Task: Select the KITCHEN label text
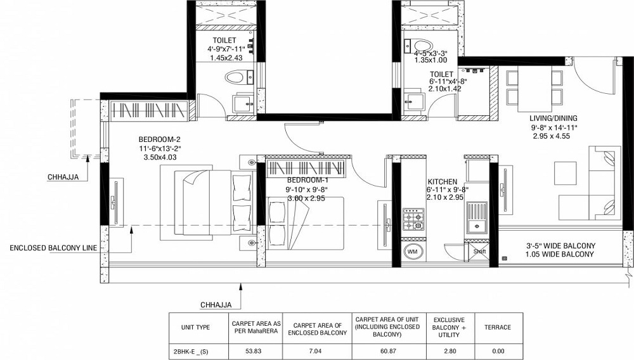(443, 182)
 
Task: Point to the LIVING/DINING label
(553, 119)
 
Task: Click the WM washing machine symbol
(412, 252)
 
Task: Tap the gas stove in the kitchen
(413, 221)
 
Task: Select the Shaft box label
(479, 252)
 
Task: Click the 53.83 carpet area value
(253, 351)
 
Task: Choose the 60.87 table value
(387, 351)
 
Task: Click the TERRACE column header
(498, 328)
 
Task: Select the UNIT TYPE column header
(195, 328)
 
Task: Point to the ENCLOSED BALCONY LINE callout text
(53, 248)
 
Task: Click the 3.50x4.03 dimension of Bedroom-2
(160, 158)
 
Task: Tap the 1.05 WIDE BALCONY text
(560, 255)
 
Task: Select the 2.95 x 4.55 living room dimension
(552, 136)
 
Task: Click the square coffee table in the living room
(566, 173)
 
